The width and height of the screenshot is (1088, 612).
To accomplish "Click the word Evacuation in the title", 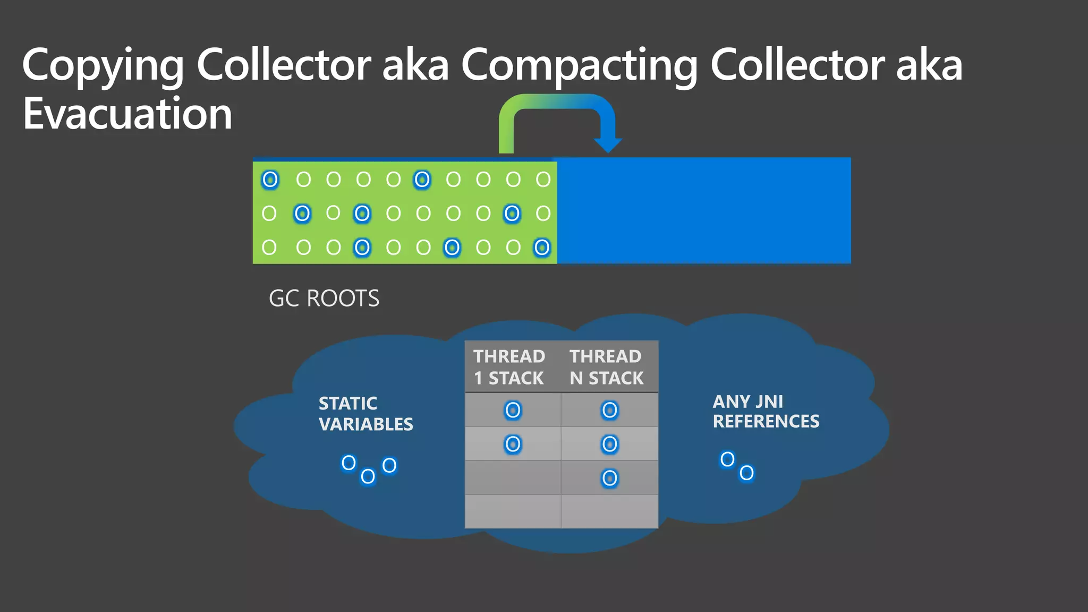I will (127, 114).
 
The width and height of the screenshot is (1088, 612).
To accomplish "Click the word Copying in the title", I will (103, 65).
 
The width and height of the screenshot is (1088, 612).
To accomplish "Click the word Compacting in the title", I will (579, 65).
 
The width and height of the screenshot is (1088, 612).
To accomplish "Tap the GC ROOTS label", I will (324, 299).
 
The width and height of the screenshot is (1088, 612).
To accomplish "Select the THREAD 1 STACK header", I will (509, 367).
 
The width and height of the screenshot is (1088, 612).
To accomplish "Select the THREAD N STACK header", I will (606, 367).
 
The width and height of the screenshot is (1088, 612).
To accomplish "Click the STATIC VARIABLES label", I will (365, 413).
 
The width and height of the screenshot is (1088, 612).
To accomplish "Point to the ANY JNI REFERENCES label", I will (765, 411).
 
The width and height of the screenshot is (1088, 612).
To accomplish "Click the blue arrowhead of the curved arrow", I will (608, 144).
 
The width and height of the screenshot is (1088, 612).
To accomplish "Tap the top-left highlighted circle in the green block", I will (270, 180).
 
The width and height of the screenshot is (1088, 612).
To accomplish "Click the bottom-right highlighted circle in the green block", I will (542, 248).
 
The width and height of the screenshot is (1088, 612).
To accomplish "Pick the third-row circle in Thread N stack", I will (609, 478).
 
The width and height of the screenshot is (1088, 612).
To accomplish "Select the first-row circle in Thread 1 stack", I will (513, 410).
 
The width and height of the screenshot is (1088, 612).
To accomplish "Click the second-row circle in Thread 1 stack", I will (513, 444).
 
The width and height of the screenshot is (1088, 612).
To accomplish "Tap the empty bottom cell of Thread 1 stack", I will (513, 511).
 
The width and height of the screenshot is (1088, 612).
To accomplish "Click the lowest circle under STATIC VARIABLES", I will (368, 477).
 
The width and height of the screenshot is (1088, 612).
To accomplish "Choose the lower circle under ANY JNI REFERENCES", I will (746, 473).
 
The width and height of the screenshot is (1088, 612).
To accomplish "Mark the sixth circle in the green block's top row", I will (422, 180).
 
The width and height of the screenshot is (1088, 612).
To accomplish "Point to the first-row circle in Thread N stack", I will (609, 410).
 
